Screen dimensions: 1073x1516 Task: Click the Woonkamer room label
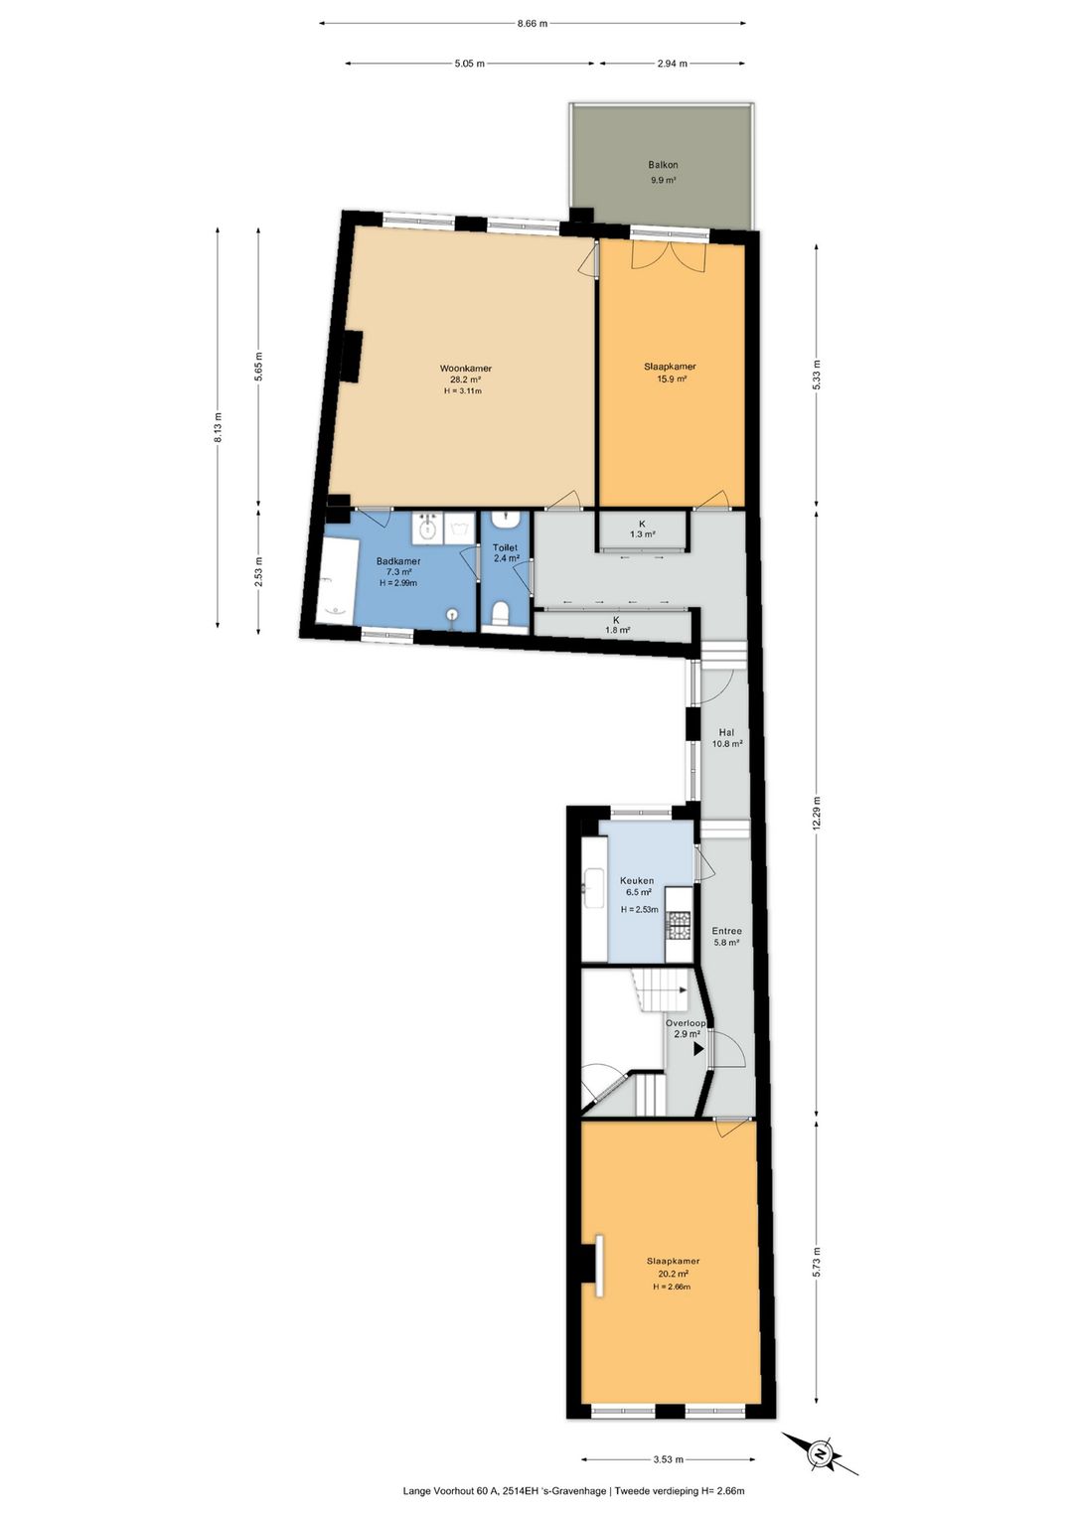tap(465, 369)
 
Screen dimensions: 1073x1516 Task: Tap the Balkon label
tap(663, 165)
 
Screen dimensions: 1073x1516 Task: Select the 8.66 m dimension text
tap(533, 24)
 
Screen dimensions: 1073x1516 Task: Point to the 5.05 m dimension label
tap(471, 64)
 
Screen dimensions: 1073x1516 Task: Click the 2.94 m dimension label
tap(672, 64)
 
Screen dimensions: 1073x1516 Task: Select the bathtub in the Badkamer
tap(335, 581)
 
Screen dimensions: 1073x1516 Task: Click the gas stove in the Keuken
tap(679, 925)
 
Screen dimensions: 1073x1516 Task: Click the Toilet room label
tap(505, 547)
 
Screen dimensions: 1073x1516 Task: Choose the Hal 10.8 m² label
tap(727, 738)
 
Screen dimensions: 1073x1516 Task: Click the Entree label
tap(725, 931)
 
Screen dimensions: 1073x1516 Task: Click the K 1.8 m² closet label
tap(616, 625)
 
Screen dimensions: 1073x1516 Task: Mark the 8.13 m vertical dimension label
tap(218, 427)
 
